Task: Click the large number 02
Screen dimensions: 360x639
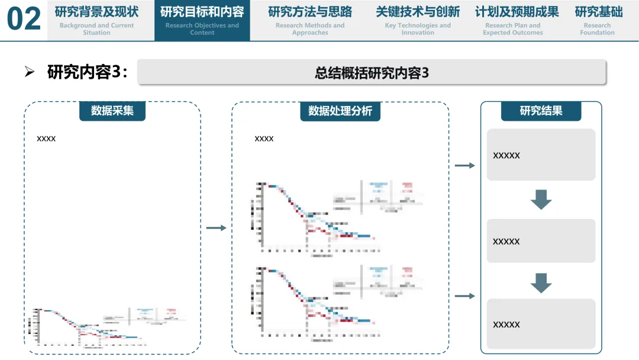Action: (24, 20)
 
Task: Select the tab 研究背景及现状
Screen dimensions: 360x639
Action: (96, 20)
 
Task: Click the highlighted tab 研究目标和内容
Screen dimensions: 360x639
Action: (202, 20)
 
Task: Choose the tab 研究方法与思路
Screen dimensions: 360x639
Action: (310, 20)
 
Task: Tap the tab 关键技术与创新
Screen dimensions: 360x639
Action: (418, 20)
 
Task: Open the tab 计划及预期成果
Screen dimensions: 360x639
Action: (517, 20)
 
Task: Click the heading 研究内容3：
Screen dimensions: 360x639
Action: (87, 72)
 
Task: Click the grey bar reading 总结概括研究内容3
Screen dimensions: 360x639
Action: (372, 72)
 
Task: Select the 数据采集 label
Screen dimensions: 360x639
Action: (112, 111)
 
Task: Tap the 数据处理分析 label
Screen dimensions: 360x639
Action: (340, 111)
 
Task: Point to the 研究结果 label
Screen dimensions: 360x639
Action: (541, 111)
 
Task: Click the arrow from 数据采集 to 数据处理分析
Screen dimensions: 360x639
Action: (217, 228)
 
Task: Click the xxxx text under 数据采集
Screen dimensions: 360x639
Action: (46, 139)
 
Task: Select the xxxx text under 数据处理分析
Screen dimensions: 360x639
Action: (264, 139)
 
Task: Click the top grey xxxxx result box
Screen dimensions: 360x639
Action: (541, 155)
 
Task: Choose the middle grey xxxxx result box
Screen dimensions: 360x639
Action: (541, 241)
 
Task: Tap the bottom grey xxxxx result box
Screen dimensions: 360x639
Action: (541, 324)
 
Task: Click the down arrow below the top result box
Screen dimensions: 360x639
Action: (541, 200)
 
